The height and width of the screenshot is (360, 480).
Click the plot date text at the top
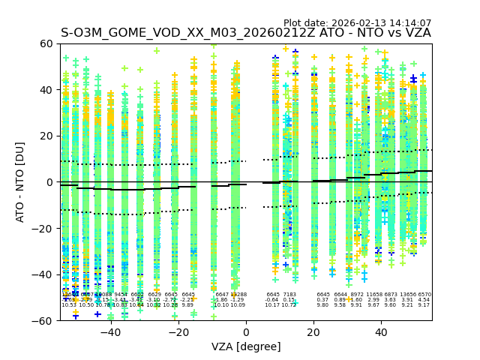click(x=357, y=23)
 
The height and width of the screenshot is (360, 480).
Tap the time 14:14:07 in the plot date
click(x=410, y=23)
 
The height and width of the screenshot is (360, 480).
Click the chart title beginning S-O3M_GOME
click(x=245, y=33)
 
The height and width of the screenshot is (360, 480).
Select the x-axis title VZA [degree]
click(x=245, y=346)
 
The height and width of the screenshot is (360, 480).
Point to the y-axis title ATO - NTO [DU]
click(x=20, y=182)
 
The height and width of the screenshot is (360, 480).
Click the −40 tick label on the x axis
click(x=110, y=331)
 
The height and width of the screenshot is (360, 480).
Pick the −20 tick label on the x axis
click(x=178, y=331)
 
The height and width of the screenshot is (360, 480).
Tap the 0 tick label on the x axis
click(x=246, y=331)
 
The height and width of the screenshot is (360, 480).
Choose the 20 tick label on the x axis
click(x=313, y=331)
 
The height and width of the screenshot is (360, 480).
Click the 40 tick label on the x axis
click(x=381, y=331)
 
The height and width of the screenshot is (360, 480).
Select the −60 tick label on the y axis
click(x=43, y=321)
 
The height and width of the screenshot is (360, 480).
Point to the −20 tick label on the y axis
click(x=43, y=229)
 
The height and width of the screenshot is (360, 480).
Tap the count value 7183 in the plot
click(x=289, y=295)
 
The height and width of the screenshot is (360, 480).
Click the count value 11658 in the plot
click(x=373, y=295)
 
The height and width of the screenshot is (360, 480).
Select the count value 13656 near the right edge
click(x=408, y=295)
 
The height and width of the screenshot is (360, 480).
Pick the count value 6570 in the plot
click(x=424, y=295)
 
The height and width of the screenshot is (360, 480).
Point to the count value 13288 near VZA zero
click(x=238, y=295)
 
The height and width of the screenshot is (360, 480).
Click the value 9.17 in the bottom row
click(x=424, y=305)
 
